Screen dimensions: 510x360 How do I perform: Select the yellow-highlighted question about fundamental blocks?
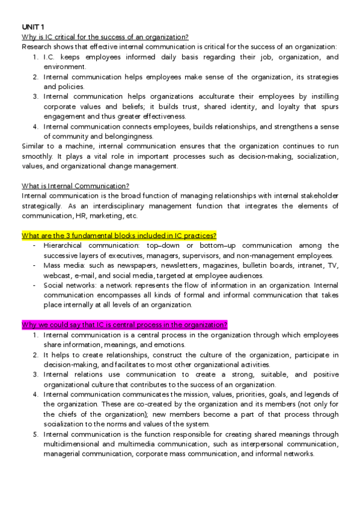(x=119, y=235)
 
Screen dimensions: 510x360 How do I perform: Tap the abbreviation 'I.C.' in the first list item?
(x=51, y=57)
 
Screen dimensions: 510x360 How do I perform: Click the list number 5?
(x=35, y=434)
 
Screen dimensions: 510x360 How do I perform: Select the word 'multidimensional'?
(x=75, y=444)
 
